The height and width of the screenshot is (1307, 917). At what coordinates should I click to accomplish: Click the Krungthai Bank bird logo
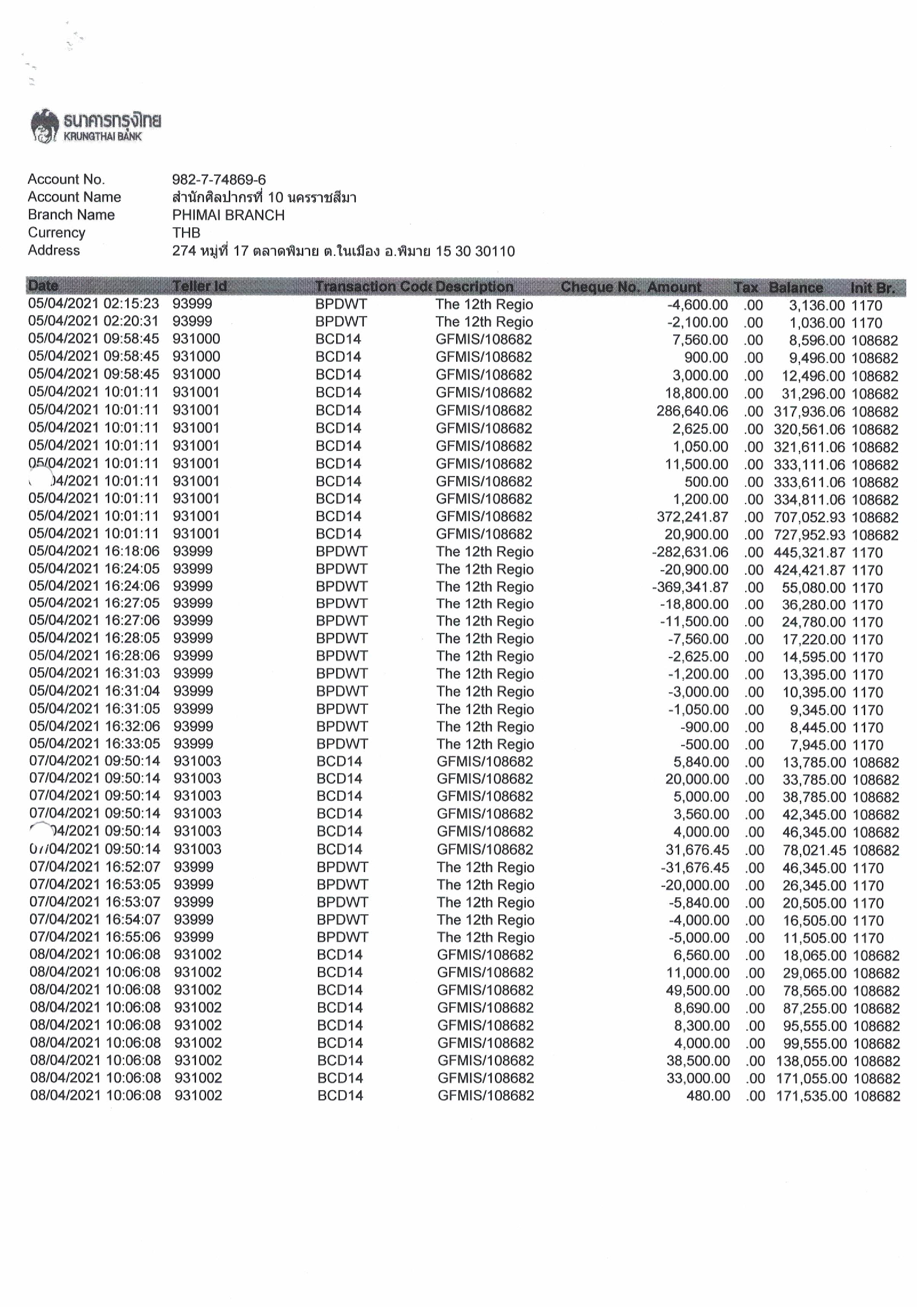(44, 126)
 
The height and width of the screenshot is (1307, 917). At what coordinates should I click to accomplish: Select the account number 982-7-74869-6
(219, 180)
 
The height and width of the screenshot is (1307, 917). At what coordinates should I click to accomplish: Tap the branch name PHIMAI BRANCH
(228, 215)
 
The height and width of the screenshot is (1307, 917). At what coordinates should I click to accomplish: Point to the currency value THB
(186, 233)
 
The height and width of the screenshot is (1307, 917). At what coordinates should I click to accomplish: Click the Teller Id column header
(199, 286)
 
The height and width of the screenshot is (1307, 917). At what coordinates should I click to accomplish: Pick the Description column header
(474, 287)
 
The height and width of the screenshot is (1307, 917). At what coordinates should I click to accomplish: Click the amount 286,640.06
(692, 411)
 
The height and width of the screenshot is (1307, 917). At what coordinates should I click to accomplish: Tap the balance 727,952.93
(809, 535)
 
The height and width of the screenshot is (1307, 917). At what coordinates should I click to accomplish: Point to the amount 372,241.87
(692, 517)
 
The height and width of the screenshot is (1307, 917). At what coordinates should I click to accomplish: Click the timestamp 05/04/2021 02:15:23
(94, 304)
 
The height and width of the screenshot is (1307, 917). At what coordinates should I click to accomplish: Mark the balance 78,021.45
(814, 850)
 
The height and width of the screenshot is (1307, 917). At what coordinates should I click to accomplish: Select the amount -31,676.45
(694, 868)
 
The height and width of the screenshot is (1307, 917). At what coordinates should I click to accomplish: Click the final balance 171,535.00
(811, 1096)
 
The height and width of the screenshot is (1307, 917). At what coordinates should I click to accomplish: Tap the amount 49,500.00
(697, 990)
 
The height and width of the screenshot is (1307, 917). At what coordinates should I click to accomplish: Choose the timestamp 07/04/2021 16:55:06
(95, 937)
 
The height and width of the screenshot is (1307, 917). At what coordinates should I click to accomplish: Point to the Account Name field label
(74, 197)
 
